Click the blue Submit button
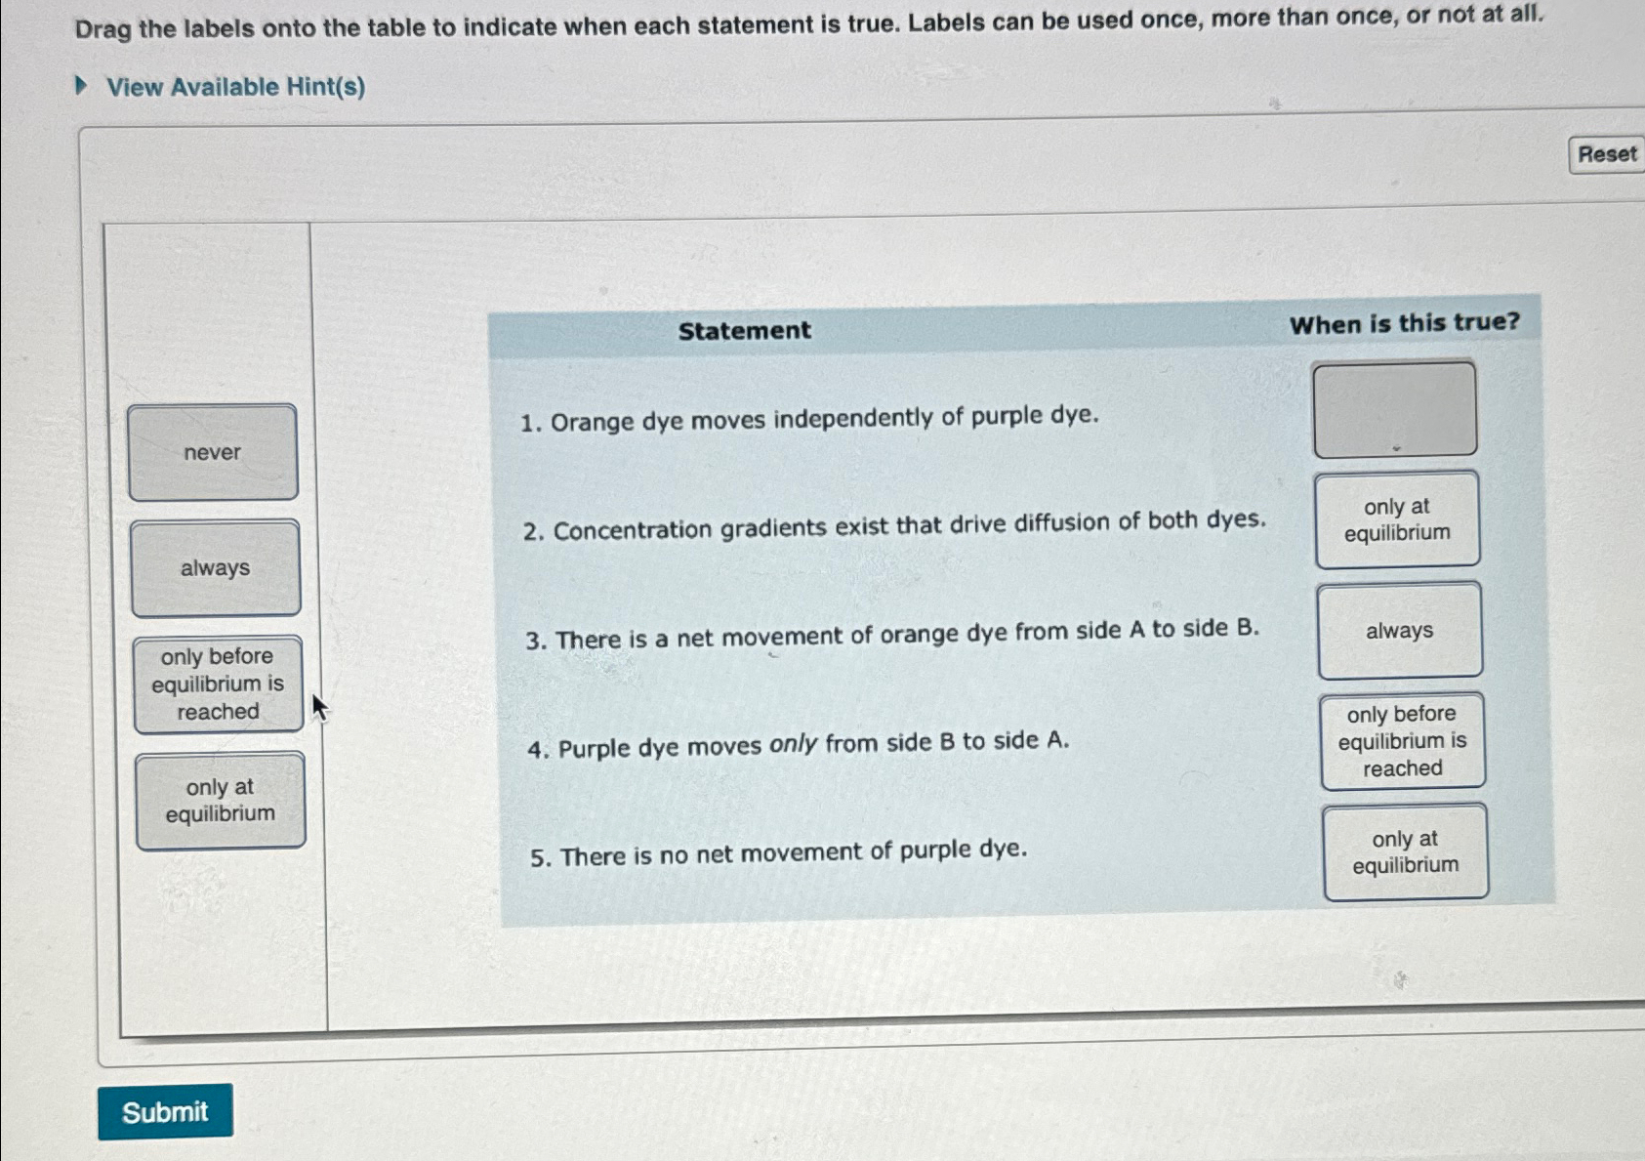[165, 1111]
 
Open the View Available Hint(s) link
[235, 87]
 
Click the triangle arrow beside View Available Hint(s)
[82, 86]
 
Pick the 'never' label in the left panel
[213, 452]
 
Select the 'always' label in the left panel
[215, 567]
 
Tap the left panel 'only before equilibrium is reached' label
[218, 684]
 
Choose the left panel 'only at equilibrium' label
[221, 801]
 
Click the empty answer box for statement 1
[1394, 409]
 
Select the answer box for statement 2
[1397, 519]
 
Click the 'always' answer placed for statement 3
[1399, 631]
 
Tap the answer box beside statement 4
[1402, 741]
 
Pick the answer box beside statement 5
[1405, 851]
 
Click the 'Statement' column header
[744, 330]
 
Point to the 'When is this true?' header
[1404, 322]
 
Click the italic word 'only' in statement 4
[793, 745]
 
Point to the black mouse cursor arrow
[318, 706]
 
